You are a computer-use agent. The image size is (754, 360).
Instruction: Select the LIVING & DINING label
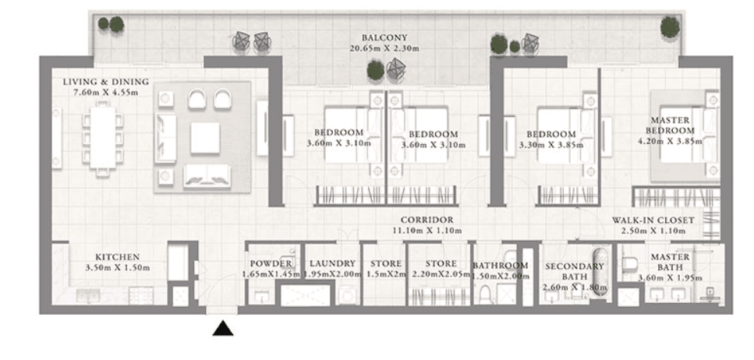(101, 82)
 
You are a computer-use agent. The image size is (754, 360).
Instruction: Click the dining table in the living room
(102, 136)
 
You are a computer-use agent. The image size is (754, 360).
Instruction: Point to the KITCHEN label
(117, 256)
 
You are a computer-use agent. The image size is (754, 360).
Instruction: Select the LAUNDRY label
(331, 264)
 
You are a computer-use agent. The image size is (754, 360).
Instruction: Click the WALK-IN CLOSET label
(653, 221)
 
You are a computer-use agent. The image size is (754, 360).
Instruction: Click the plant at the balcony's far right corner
(670, 27)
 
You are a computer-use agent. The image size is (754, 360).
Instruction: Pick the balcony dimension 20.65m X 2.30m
(384, 48)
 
